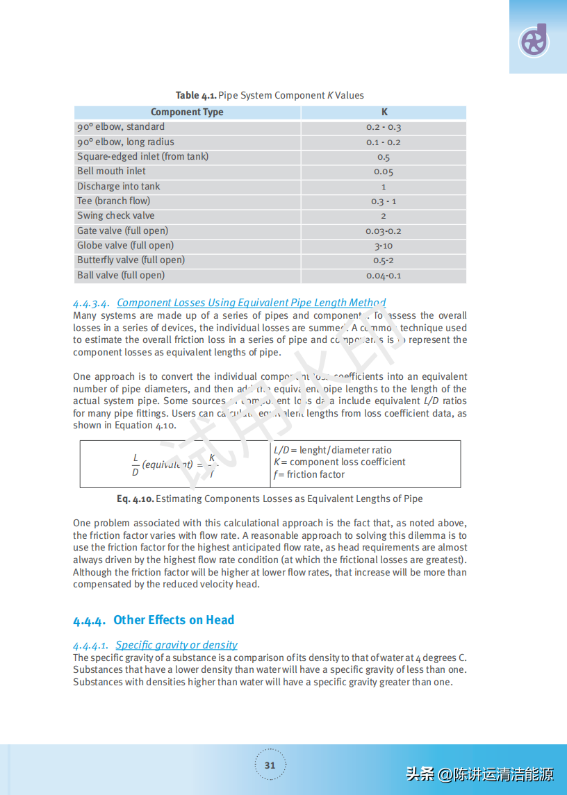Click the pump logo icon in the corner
(x=534, y=41)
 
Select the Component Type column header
(x=187, y=112)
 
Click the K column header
(x=384, y=112)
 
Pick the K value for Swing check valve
(x=384, y=216)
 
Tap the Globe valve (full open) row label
(x=126, y=245)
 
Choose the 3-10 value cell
(x=384, y=246)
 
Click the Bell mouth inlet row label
(x=112, y=171)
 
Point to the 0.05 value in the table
(x=384, y=171)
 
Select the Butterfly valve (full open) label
(x=131, y=260)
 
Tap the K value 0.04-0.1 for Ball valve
(x=384, y=276)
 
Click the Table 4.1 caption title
(x=270, y=95)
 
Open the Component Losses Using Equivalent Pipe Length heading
(x=252, y=303)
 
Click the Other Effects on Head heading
(x=174, y=620)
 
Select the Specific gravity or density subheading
(x=176, y=645)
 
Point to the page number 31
(x=270, y=766)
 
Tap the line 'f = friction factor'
(x=309, y=475)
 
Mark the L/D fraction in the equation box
(x=135, y=465)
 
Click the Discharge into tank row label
(x=119, y=186)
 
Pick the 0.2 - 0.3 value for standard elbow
(x=384, y=127)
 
